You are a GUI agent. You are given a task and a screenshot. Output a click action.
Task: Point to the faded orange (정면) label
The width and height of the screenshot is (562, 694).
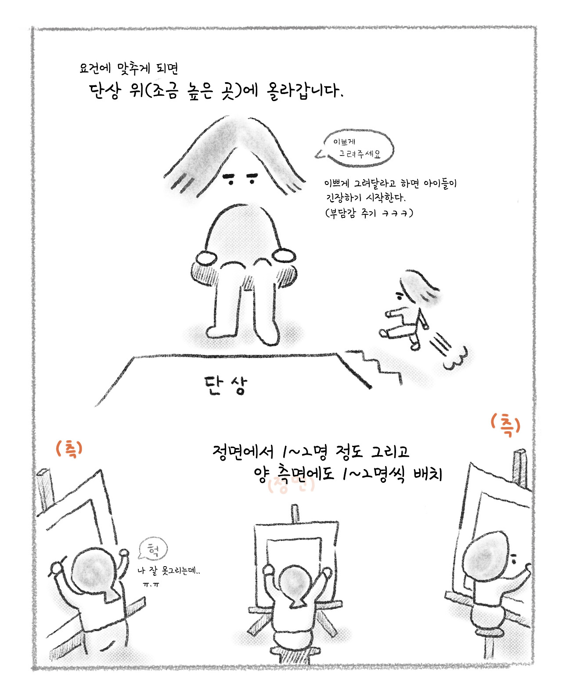point(291,486)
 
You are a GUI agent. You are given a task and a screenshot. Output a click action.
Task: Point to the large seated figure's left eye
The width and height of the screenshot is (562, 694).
point(228,178)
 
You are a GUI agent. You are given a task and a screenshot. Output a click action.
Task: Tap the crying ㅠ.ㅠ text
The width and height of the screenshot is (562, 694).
point(151,585)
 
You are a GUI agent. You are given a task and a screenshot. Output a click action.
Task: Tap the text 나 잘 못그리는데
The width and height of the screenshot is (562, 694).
point(169,571)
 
